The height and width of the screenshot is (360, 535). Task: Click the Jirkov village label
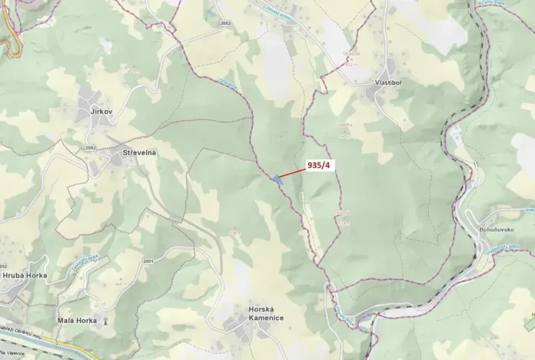[x=101, y=112]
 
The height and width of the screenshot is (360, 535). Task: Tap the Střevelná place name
[x=139, y=153]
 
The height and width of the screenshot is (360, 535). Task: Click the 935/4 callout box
[x=318, y=165]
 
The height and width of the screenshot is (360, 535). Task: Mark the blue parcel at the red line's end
[x=276, y=179]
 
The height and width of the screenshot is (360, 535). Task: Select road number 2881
[x=148, y=262]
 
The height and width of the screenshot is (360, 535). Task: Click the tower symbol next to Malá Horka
[x=105, y=320]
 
